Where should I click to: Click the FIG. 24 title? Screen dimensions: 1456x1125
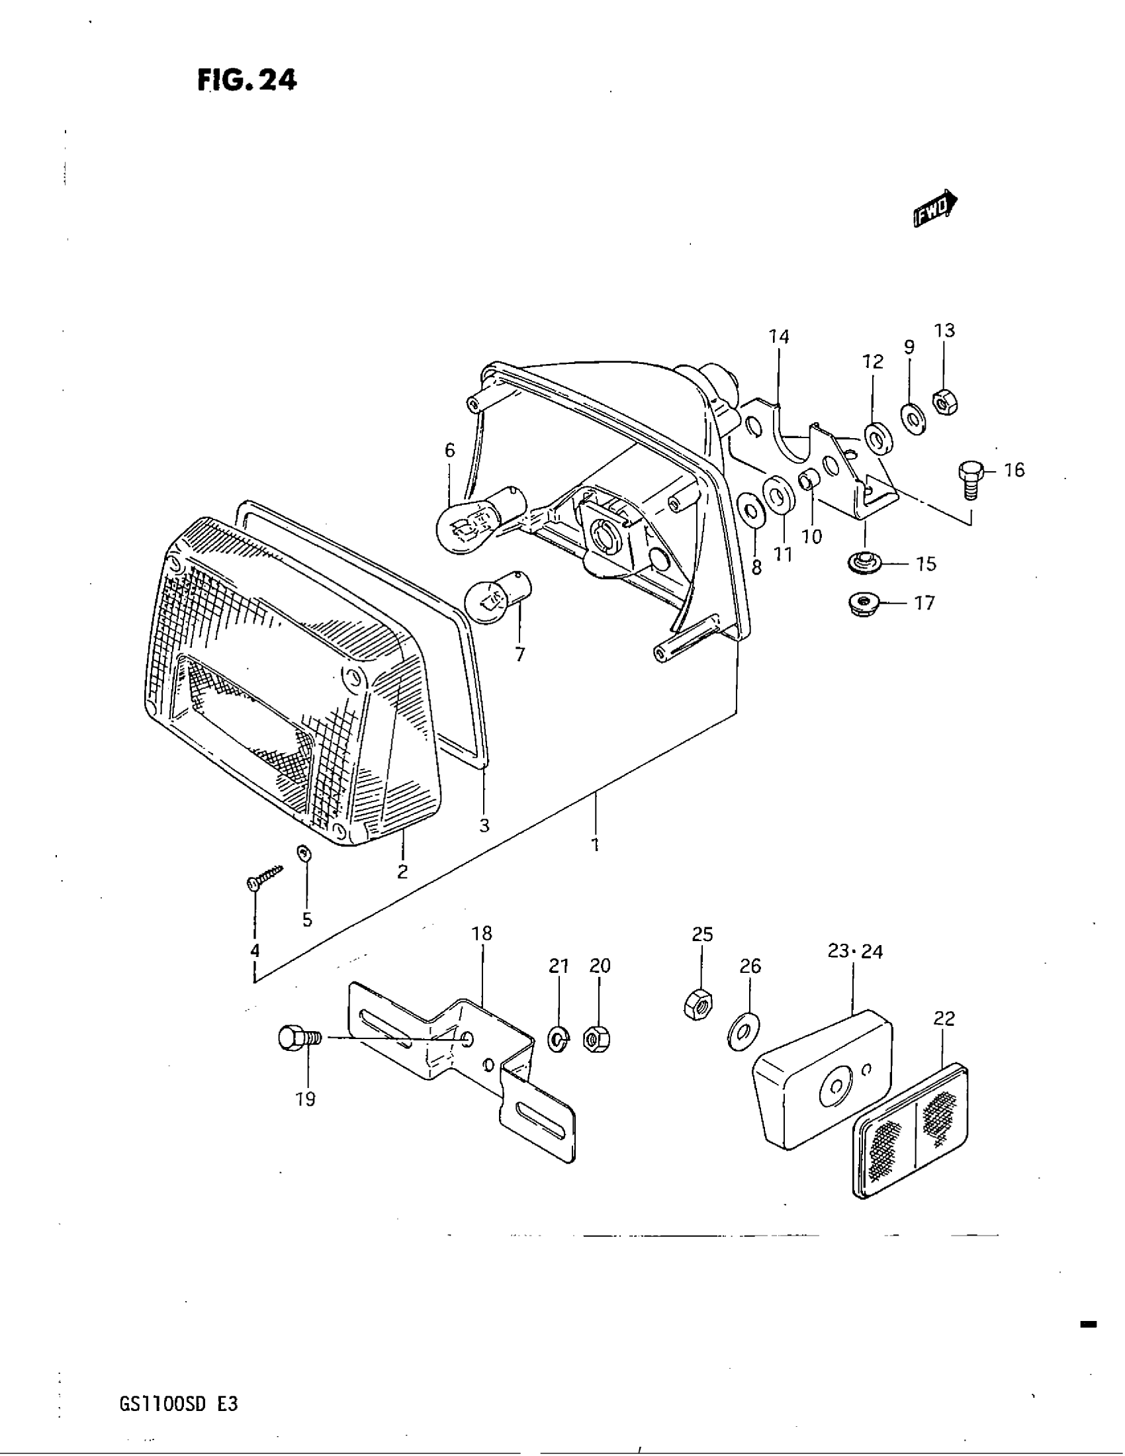247,81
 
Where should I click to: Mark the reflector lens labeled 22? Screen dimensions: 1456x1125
911,1129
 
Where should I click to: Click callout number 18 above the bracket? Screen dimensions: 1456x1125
481,934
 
